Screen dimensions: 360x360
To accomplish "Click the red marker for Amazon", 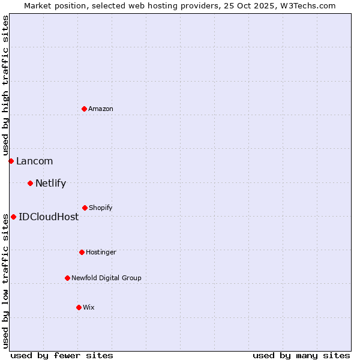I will [84, 109].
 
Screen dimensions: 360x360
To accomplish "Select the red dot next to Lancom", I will [11, 161].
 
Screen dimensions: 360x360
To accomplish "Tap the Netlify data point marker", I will [30, 183].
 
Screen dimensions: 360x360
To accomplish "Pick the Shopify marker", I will [85, 208].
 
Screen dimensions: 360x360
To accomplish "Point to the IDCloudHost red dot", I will [13, 217].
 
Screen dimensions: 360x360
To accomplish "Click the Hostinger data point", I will [82, 252].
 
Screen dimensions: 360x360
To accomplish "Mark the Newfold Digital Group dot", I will [67, 278].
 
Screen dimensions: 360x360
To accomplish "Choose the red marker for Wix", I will [79, 307].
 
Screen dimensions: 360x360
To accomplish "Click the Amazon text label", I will [101, 109].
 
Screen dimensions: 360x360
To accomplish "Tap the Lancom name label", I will [34, 161].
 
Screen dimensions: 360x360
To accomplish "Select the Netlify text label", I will [50, 183].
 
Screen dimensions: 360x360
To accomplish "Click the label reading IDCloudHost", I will [49, 217].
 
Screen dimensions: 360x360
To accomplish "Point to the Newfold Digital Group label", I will [106, 278].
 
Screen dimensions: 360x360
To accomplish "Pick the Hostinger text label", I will [101, 252].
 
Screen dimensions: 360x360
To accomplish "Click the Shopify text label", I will [100, 208].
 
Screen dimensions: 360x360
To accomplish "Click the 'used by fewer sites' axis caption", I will [62, 355].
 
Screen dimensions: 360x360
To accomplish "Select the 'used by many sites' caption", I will [301, 355].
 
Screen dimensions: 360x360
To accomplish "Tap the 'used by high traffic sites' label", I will [5, 85].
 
